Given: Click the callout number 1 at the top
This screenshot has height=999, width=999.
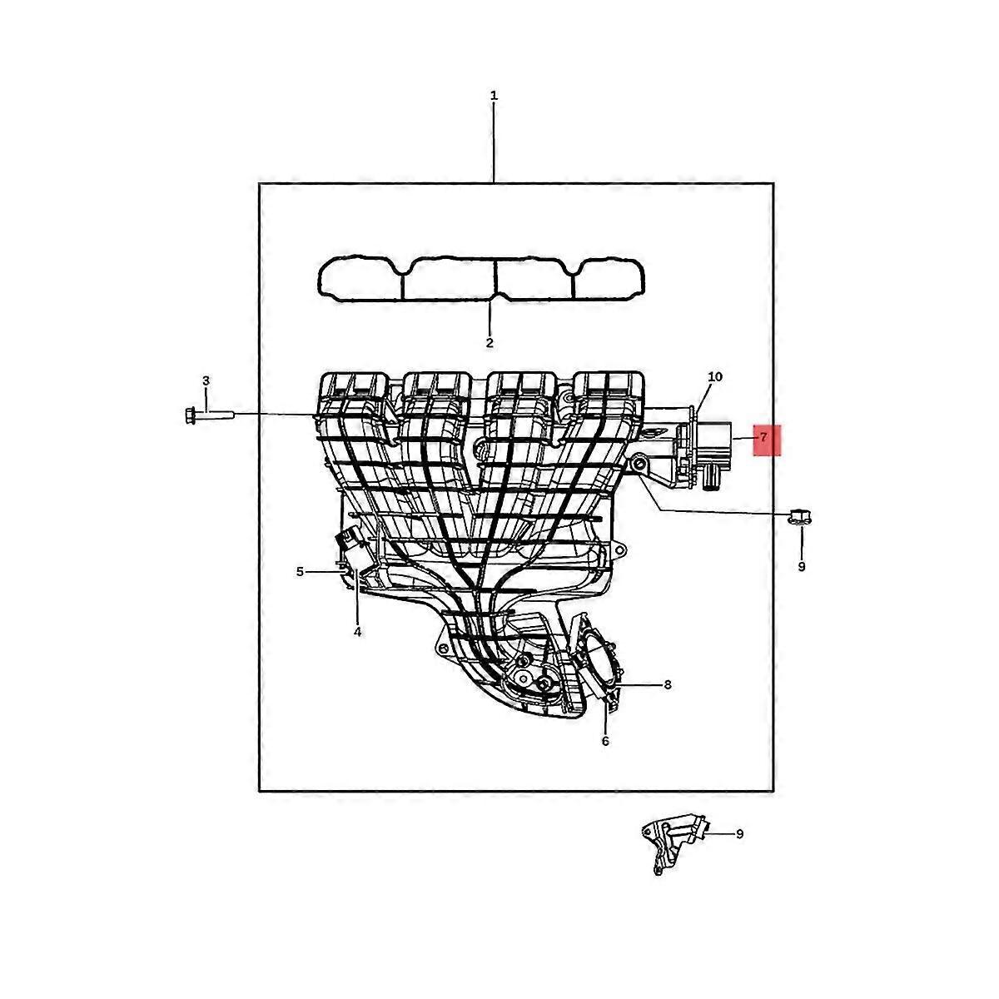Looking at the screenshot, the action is click(494, 96).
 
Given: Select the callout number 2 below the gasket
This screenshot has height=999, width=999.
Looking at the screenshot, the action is click(490, 343).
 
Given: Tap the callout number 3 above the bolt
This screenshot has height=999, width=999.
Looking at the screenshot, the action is click(206, 381).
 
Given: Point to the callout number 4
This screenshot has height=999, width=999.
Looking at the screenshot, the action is click(357, 632).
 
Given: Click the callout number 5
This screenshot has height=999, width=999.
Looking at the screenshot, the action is click(300, 572).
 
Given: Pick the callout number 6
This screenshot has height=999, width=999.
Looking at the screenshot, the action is click(605, 742).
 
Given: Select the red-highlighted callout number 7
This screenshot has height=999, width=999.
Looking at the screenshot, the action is click(763, 438).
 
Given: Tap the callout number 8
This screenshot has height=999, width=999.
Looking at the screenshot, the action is click(668, 685).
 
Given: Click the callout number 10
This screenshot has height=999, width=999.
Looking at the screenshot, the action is click(715, 377).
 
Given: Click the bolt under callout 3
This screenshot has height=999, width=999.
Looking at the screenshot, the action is click(209, 415).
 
